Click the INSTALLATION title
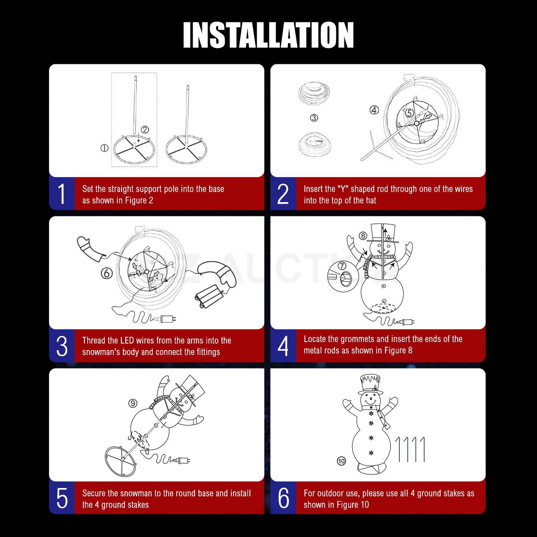point(268,35)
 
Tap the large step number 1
point(62,194)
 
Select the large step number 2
point(283,194)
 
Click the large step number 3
point(62,346)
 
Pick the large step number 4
point(283,346)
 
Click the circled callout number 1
point(104,148)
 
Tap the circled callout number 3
point(314,117)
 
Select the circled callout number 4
point(374,110)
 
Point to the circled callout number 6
point(107,274)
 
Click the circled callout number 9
point(133,403)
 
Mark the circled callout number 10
point(342,461)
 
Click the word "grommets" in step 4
point(357,339)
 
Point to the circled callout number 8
point(363,236)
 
